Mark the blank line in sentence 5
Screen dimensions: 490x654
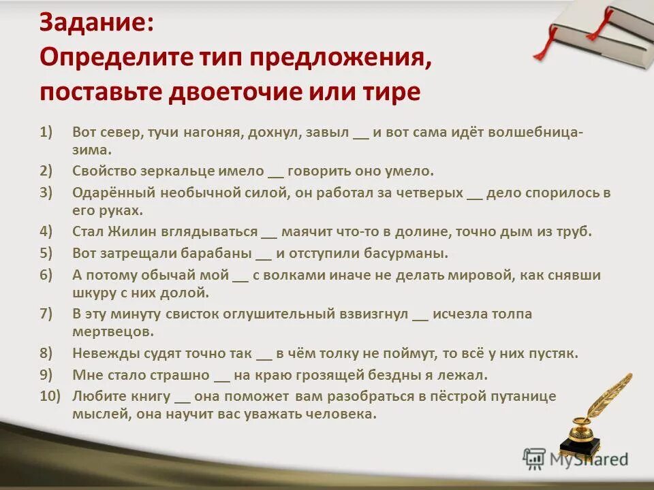[263, 255]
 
